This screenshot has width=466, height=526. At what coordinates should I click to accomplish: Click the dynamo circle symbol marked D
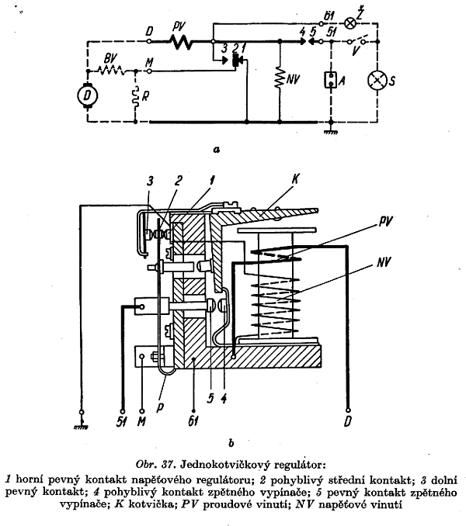click(87, 95)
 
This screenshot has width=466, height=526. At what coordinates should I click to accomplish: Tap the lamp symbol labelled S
click(377, 81)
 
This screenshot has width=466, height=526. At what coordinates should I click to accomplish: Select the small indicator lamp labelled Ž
click(350, 23)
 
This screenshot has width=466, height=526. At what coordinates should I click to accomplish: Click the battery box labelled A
click(331, 80)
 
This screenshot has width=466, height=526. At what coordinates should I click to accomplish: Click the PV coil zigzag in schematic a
click(181, 42)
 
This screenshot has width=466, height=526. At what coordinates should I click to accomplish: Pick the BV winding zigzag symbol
click(110, 71)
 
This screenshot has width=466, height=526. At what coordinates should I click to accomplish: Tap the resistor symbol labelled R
click(136, 97)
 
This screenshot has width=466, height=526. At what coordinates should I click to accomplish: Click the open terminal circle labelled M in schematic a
click(149, 71)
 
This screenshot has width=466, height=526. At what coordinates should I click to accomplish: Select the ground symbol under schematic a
click(331, 132)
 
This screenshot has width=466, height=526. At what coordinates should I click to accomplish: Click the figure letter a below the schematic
click(217, 149)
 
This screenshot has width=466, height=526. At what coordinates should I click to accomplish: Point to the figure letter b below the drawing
click(231, 443)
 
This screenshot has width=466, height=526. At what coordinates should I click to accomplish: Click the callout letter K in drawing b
click(295, 179)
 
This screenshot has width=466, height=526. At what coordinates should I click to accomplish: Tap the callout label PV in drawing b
click(384, 222)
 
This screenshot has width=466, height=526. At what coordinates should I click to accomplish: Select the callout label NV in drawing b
click(384, 261)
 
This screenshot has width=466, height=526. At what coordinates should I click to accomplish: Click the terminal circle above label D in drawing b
click(348, 410)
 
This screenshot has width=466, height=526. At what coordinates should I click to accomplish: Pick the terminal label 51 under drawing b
click(121, 422)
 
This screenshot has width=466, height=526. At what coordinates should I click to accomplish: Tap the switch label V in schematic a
click(356, 51)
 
